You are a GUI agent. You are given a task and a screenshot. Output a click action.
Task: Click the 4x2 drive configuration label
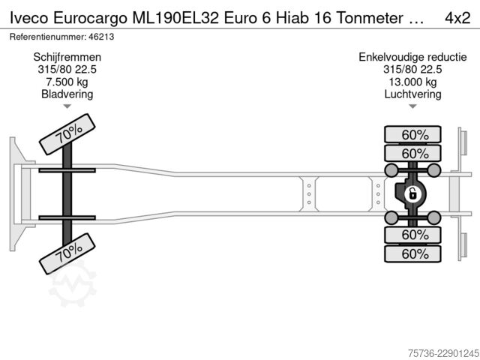coord(457,18)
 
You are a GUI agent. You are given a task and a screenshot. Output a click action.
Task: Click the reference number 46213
coord(101,37)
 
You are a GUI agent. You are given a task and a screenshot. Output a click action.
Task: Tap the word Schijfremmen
coord(67,57)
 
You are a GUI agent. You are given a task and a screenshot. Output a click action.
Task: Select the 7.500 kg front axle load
coord(67,82)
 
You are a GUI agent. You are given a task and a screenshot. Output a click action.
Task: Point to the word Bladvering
coord(67,94)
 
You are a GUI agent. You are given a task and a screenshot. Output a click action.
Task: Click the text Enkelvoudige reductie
coord(412,57)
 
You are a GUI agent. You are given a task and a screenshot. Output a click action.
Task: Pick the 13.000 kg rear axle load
coord(412,82)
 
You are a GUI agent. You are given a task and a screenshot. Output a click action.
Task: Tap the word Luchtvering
coord(412,94)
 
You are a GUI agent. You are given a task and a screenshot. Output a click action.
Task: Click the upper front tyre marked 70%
coord(67,134)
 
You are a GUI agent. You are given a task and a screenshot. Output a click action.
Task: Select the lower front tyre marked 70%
coord(67,253)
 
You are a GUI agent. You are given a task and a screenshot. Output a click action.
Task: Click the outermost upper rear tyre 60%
coord(412,135)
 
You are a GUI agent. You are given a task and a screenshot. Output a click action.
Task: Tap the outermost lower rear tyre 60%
coord(412,253)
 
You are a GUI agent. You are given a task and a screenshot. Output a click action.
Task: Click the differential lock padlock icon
coord(412,194)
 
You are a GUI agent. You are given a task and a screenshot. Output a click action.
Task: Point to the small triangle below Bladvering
coord(67,106)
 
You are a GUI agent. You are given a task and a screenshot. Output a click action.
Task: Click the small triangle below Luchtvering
coord(412,106)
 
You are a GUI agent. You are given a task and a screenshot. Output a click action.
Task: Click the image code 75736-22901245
coord(443,353)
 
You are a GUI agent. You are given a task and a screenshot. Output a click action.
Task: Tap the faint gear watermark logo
coord(73,285)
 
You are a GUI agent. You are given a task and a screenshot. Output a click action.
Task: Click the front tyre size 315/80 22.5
coord(67,70)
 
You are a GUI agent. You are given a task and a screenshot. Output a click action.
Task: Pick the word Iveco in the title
coord(29,18)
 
